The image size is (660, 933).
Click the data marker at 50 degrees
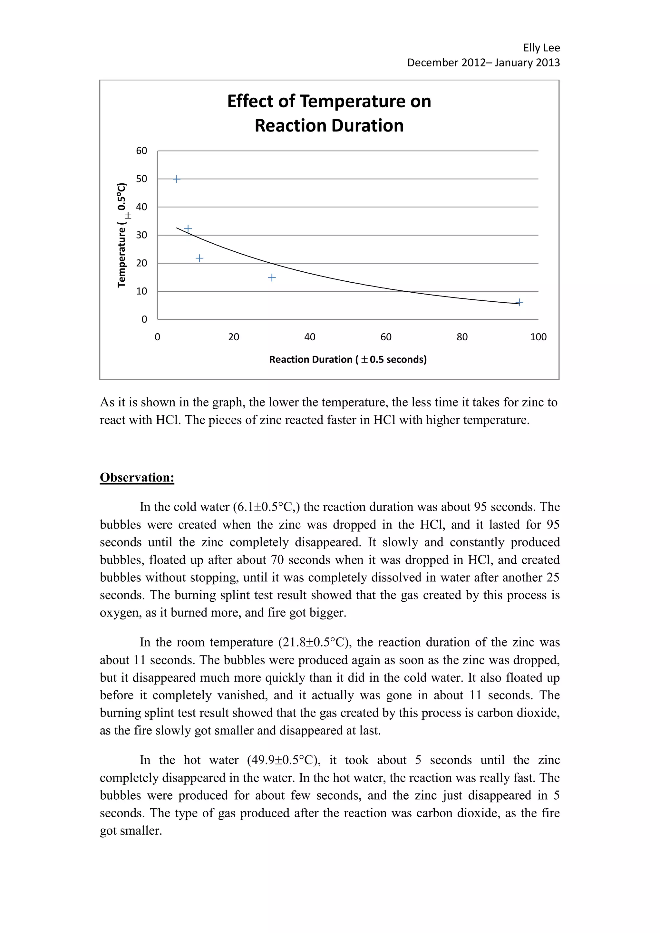[176, 179]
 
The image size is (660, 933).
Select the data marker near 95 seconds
[519, 302]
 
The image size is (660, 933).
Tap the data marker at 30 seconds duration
[272, 277]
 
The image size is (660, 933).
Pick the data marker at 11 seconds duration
[199, 258]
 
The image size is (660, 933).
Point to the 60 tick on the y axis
[141, 151]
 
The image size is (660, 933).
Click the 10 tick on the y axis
[141, 291]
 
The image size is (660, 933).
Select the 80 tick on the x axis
[462, 337]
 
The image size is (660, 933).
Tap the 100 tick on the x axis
[538, 337]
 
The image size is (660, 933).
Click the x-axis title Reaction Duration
[348, 360]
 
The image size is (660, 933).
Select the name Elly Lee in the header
[541, 48]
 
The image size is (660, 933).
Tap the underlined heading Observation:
[137, 478]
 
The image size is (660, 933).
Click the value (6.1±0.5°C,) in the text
[267, 507]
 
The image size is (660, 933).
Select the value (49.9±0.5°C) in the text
[283, 760]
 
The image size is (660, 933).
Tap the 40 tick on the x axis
[310, 337]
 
